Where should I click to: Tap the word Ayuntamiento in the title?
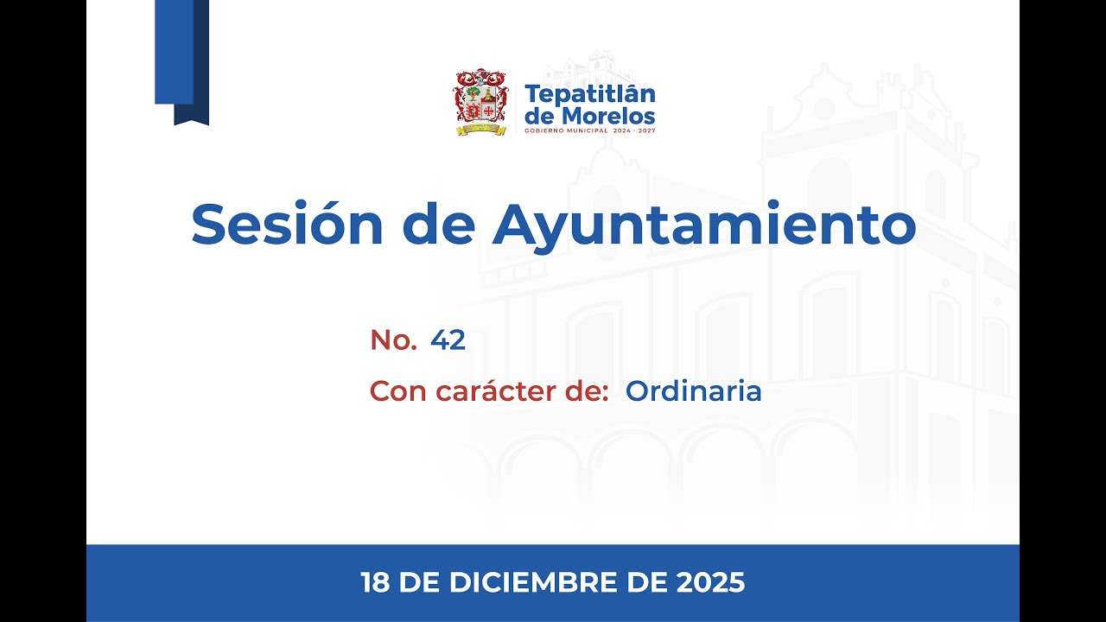704,226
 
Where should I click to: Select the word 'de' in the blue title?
438,225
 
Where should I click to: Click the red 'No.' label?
393,340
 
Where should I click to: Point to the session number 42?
448,340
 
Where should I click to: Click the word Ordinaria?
694,391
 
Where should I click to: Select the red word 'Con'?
399,391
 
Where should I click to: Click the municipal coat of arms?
480,102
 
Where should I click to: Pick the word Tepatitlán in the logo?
590,93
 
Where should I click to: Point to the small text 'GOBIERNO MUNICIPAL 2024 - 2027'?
589,130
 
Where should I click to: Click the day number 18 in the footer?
376,583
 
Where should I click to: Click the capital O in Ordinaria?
637,391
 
